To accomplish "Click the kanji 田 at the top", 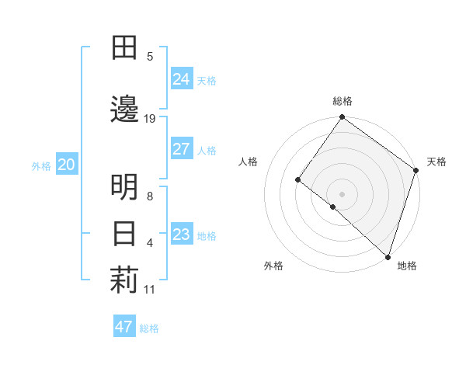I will (x=124, y=48).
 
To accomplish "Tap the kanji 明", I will (x=124, y=187).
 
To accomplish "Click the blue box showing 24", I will (x=182, y=78).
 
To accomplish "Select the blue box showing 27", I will (x=182, y=149).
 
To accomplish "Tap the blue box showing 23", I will (x=182, y=235).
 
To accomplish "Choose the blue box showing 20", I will (x=66, y=164).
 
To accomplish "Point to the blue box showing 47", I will (x=124, y=327).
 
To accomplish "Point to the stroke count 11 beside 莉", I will (x=150, y=290).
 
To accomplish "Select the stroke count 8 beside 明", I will (x=150, y=196).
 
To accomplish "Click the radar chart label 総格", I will (x=343, y=101).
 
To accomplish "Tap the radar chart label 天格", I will (x=436, y=162).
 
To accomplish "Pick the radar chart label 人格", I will (x=249, y=162).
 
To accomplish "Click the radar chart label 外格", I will (x=273, y=266).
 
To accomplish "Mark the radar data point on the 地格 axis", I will (x=387, y=256).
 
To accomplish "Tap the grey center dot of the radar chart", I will (x=343, y=193).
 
